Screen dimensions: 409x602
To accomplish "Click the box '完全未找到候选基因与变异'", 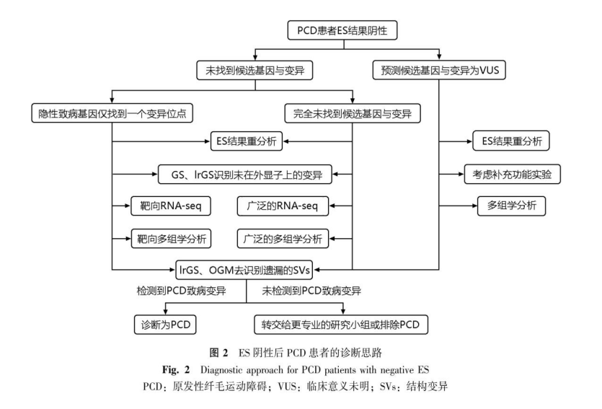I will click(x=350, y=113).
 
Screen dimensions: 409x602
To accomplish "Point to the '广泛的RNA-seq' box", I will click(x=283, y=206).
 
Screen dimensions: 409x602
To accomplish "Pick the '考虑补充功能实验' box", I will click(x=513, y=174).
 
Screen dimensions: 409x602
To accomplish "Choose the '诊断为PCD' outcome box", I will click(x=166, y=324).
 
